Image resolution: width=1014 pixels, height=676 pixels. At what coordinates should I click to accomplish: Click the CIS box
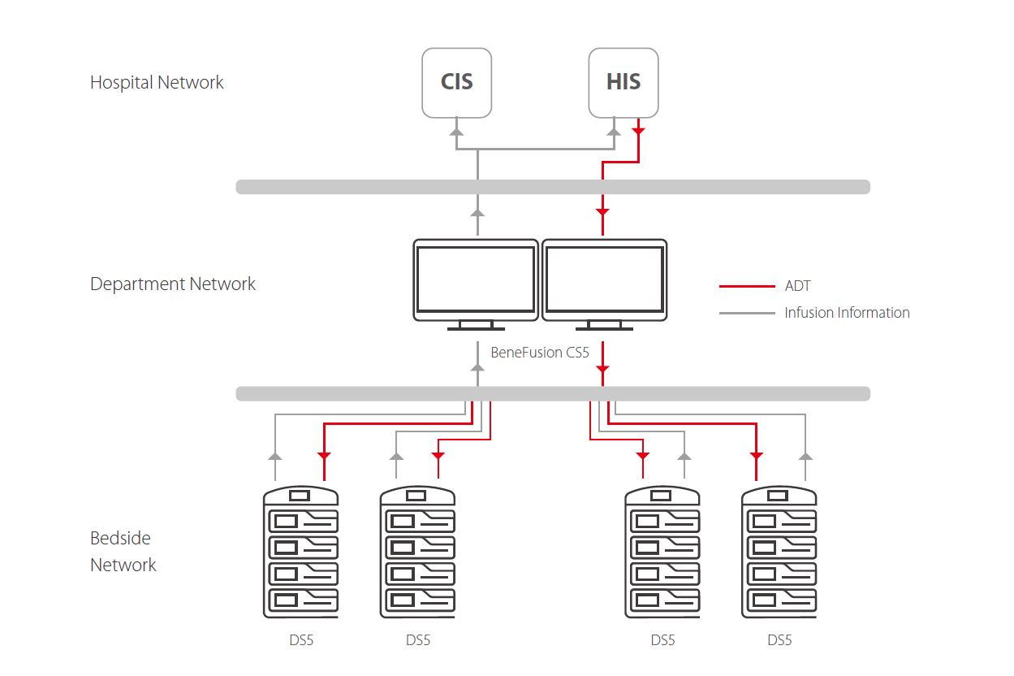(456, 82)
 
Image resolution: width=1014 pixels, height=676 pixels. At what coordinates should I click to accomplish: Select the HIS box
(623, 82)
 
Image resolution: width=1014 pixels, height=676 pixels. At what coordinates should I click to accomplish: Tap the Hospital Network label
(157, 82)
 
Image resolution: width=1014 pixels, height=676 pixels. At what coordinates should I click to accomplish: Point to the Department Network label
(173, 284)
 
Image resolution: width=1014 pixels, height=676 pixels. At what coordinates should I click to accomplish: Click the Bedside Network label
(123, 551)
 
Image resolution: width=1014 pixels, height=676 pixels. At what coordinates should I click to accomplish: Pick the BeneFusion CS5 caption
(540, 353)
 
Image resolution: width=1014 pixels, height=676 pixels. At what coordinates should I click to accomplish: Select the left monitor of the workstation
(476, 280)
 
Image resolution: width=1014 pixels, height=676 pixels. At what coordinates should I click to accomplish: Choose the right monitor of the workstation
(604, 280)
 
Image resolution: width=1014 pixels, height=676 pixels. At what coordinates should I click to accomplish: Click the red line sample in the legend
(747, 286)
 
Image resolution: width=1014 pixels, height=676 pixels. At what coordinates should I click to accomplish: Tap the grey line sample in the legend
(747, 313)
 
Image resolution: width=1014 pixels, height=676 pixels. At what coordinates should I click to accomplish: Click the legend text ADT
(797, 286)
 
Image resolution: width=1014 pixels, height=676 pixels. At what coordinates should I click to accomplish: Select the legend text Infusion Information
(847, 313)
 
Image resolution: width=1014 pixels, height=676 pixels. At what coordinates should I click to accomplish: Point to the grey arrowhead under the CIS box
(456, 130)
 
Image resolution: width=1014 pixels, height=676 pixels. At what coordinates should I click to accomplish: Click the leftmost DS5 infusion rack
(301, 552)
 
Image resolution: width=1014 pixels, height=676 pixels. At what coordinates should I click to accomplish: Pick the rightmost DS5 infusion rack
(779, 552)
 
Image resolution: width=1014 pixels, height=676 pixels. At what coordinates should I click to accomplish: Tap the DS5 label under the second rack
(418, 640)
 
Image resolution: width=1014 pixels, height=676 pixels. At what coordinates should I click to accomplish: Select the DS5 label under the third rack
(662, 640)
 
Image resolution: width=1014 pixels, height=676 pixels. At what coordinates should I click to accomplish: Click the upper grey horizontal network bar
(552, 187)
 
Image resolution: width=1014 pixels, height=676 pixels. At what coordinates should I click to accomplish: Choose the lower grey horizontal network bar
(552, 394)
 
